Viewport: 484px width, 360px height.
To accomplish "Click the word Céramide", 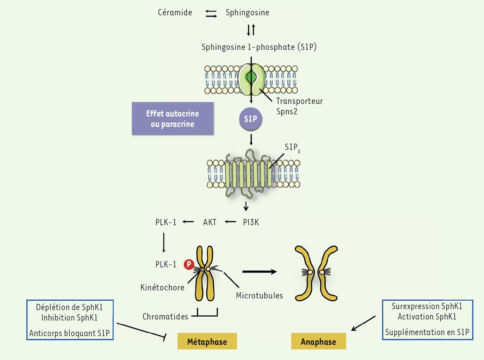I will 175,13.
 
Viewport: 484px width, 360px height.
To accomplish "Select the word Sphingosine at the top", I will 247,13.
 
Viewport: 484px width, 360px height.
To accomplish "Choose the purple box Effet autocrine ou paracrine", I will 172,118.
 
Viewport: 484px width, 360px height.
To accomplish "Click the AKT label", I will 209,222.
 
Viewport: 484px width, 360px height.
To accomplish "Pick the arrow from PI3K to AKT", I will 230,222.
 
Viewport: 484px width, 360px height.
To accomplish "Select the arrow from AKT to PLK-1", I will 188,222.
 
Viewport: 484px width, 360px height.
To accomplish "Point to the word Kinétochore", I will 162,288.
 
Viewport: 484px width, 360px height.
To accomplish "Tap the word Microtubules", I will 259,296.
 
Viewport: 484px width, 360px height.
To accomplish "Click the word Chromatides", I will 165,316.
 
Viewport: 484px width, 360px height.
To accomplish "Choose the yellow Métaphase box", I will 207,342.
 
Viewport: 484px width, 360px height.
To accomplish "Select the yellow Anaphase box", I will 318,342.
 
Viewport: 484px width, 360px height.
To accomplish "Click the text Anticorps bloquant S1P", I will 70,333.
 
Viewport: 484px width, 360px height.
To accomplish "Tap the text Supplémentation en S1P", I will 427,332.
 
